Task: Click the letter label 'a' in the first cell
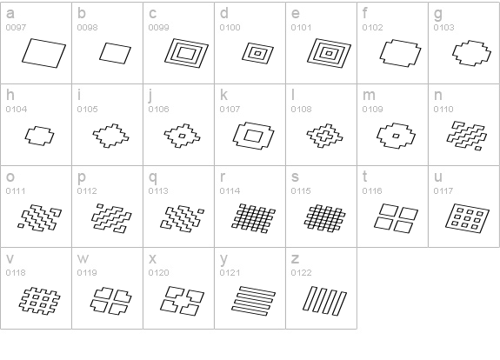10,14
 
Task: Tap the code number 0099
158,28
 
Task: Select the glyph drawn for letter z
324,301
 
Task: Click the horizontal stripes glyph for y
254,301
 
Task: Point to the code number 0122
301,273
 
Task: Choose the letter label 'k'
223,95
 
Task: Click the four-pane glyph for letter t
396,218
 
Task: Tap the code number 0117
443,191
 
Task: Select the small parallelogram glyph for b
115,53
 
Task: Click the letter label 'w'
83,258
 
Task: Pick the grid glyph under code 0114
254,218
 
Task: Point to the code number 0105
87,110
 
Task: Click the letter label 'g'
438,15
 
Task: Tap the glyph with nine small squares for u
468,218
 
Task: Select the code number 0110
443,110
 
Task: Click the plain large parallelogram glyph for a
43,53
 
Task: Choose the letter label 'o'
10,177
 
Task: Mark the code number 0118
16,273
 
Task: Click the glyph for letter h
39,136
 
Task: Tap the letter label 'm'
369,96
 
